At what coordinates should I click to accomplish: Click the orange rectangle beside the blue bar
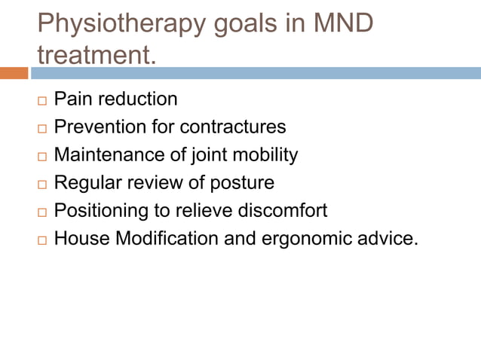(14, 73)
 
